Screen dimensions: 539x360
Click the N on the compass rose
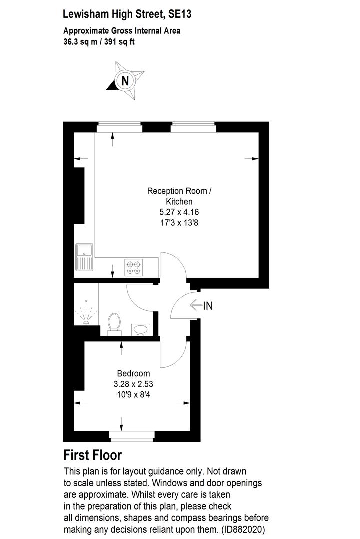click(125, 80)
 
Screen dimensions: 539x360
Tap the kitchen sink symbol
click(84, 257)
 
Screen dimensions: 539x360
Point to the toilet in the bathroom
click(114, 322)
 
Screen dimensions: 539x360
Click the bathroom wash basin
click(141, 329)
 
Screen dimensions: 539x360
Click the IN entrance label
click(208, 306)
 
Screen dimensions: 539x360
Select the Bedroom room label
click(133, 373)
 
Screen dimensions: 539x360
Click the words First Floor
click(93, 455)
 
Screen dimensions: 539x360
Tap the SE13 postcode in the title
click(180, 14)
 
